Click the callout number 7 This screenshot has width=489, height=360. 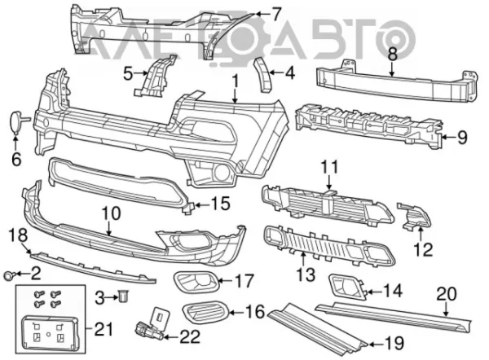275,14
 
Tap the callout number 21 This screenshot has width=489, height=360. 104,329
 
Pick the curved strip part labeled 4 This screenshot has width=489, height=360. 263,74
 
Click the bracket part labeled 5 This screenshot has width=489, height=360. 155,76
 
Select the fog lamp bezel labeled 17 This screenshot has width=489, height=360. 196,283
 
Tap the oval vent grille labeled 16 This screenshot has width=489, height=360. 206,313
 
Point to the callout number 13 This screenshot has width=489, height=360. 306,274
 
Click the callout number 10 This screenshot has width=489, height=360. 111,213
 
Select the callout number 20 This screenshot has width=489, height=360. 447,294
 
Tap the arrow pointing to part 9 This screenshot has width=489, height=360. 450,137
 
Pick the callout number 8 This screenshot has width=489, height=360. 392,55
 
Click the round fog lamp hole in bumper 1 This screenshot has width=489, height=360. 221,173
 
